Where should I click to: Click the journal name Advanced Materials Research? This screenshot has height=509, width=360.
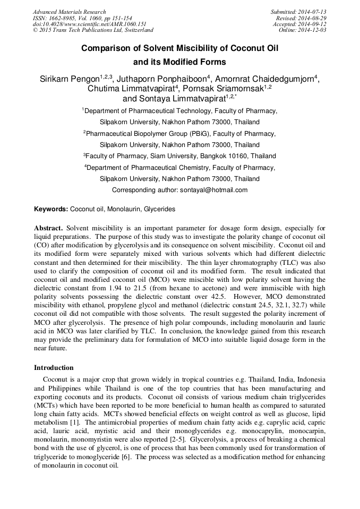(x=69, y=12)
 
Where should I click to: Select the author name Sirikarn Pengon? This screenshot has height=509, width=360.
(x=70, y=79)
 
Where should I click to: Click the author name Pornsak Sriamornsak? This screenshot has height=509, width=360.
(x=223, y=89)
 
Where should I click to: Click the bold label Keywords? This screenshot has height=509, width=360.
(x=51, y=209)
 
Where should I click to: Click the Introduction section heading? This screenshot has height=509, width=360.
(x=54, y=367)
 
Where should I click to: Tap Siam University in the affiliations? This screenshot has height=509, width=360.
(x=172, y=156)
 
